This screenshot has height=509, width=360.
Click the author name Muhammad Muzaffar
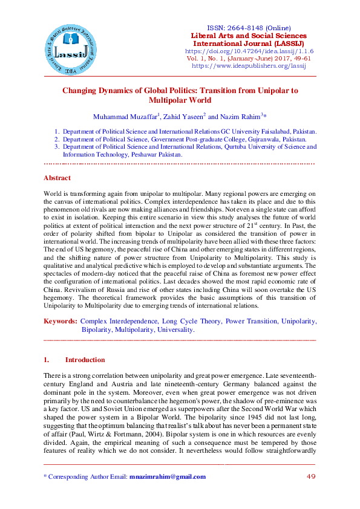point(125,116)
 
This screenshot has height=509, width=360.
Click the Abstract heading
point(57,178)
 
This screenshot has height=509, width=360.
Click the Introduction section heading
point(85,360)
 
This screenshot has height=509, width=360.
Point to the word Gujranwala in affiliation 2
point(246,138)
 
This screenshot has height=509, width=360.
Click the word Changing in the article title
point(82,91)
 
